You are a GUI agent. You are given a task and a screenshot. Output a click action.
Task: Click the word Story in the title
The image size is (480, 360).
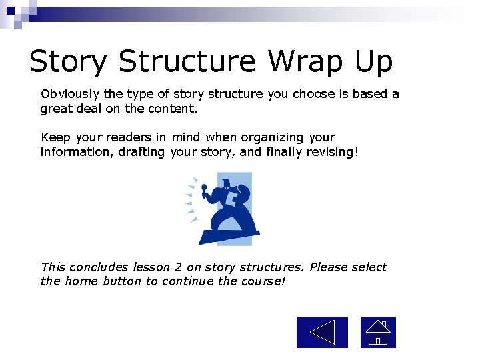click(x=67, y=62)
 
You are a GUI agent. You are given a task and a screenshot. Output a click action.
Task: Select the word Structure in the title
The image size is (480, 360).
click(x=187, y=62)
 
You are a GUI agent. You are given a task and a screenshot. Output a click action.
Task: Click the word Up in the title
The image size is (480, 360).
click(x=373, y=62)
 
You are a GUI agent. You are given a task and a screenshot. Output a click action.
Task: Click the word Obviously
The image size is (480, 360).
click(x=68, y=94)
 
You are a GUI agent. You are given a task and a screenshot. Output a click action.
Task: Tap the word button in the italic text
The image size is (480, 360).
click(x=122, y=281)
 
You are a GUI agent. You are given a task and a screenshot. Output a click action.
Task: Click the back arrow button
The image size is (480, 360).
click(x=322, y=332)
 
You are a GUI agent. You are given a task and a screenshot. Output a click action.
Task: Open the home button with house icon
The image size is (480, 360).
click(x=378, y=332)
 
